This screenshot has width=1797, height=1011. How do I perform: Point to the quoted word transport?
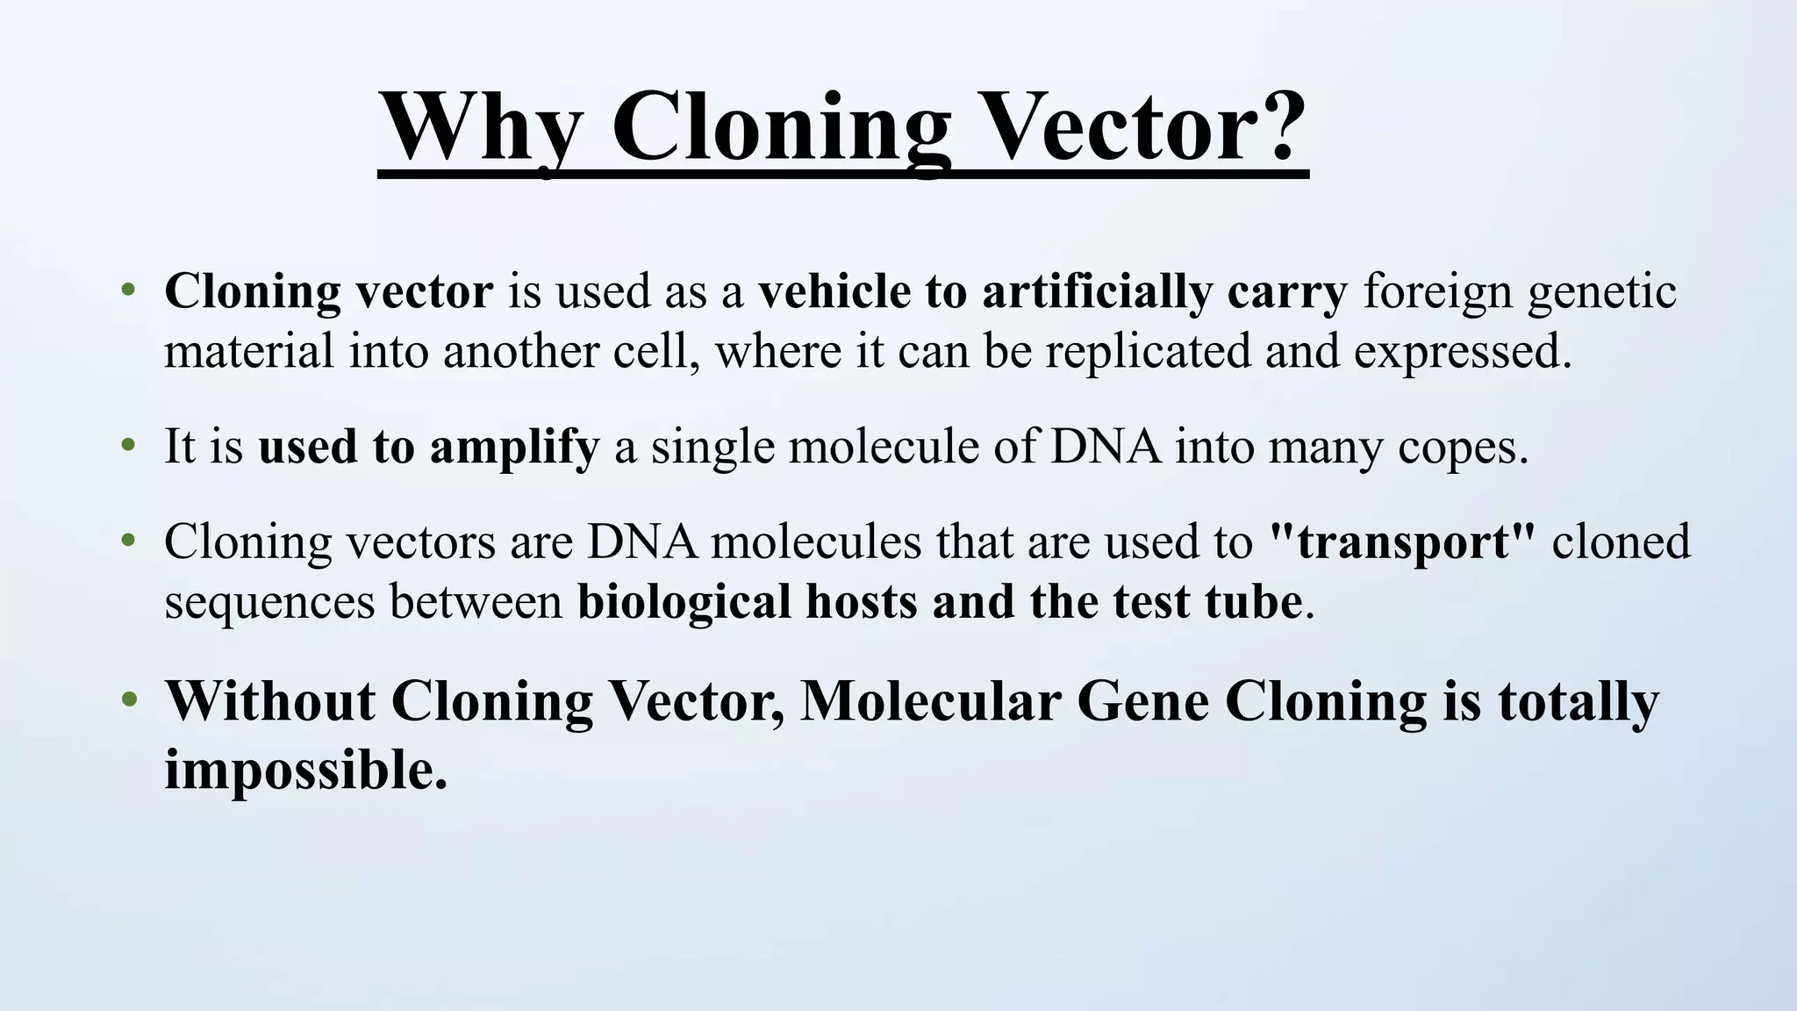[1402, 542]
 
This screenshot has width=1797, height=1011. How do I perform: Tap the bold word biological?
[684, 603]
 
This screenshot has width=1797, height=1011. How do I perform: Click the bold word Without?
[270, 702]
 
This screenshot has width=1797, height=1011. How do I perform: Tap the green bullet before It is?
[129, 446]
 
